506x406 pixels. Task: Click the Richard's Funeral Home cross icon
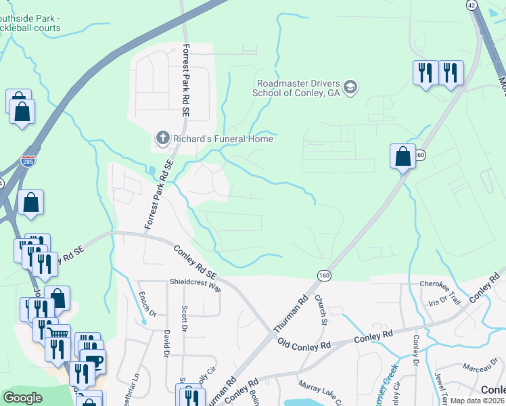click(162, 139)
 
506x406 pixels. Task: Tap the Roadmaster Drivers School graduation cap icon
click(350, 87)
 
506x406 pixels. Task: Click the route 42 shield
click(472, 4)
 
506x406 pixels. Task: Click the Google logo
click(22, 398)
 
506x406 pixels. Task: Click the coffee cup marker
click(93, 359)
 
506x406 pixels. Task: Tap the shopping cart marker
click(59, 334)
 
